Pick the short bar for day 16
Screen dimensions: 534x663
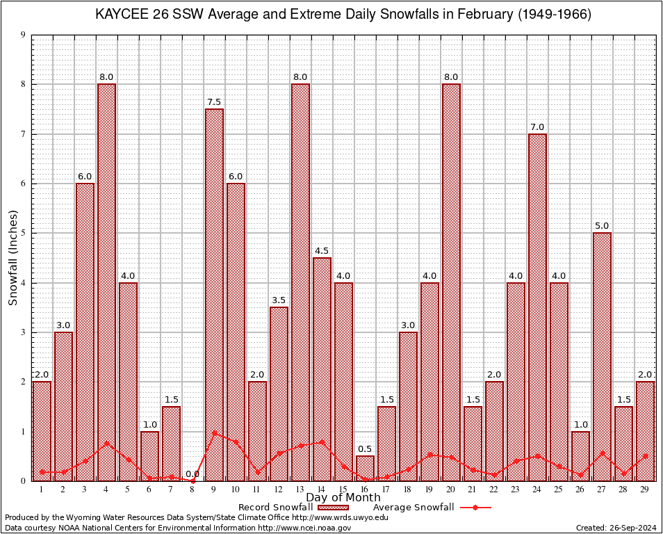coord(365,468)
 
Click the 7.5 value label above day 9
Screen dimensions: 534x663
coord(214,102)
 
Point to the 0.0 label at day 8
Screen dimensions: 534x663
coord(193,474)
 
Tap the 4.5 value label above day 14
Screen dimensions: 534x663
coord(322,251)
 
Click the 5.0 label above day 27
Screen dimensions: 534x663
coord(602,226)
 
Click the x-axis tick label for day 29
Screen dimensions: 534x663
coord(645,489)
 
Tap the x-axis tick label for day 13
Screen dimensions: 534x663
coord(300,489)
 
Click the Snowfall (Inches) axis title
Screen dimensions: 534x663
coord(13,258)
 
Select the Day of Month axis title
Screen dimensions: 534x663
coord(343,498)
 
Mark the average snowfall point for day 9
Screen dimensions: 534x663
coord(214,432)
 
